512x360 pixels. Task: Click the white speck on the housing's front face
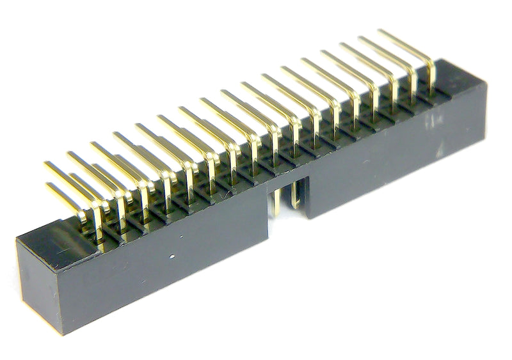tap(175, 258)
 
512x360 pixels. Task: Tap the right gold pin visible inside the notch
tap(294, 194)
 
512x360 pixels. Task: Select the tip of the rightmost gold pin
tap(381, 31)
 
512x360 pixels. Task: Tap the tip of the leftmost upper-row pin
tap(47, 165)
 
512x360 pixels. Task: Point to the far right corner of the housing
tap(486, 83)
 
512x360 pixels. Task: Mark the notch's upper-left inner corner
tap(268, 186)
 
